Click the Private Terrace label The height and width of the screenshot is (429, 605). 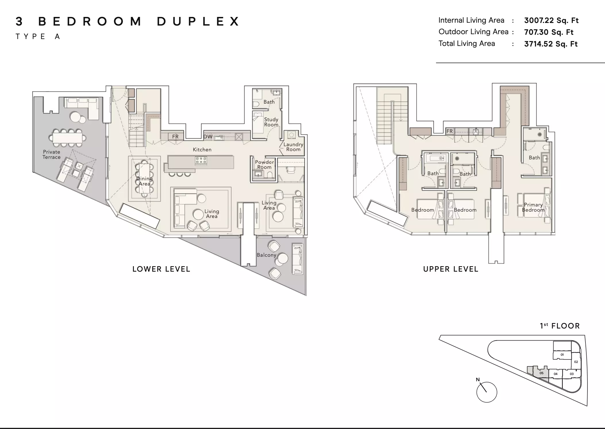click(x=52, y=154)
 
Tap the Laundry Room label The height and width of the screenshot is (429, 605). click(x=293, y=147)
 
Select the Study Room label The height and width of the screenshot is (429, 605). click(x=271, y=122)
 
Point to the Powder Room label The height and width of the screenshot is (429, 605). click(x=264, y=165)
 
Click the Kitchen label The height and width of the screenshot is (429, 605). click(x=202, y=150)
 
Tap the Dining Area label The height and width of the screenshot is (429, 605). click(x=144, y=181)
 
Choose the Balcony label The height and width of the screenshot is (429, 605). click(x=266, y=255)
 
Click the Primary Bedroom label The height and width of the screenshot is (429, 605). click(x=533, y=207)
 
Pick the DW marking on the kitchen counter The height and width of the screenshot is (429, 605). click(x=208, y=137)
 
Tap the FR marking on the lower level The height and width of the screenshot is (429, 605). click(x=175, y=137)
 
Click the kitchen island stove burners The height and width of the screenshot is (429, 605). click(x=201, y=161)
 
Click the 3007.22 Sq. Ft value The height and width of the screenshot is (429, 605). click(x=551, y=20)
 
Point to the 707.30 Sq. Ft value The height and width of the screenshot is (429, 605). click(x=549, y=32)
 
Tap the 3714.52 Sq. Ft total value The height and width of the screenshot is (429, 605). click(x=551, y=44)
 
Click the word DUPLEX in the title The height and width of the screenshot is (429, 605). click(x=198, y=22)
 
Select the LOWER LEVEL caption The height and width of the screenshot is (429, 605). click(x=161, y=269)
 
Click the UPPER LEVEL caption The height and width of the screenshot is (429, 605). click(x=451, y=269)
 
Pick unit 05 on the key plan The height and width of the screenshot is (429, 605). click(x=541, y=373)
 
